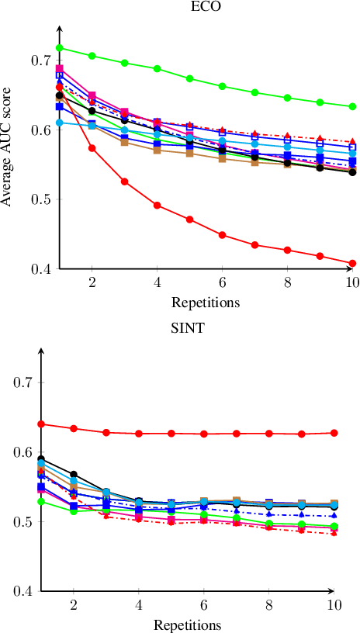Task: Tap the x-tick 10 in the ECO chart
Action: pyautogui.click(x=352, y=283)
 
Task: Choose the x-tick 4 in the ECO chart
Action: pyautogui.click(x=157, y=283)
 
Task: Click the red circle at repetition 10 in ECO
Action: pyautogui.click(x=352, y=263)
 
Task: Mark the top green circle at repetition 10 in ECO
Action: pyautogui.click(x=352, y=106)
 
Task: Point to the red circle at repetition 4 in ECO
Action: pyautogui.click(x=157, y=206)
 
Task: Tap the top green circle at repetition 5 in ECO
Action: pyautogui.click(x=190, y=78)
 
